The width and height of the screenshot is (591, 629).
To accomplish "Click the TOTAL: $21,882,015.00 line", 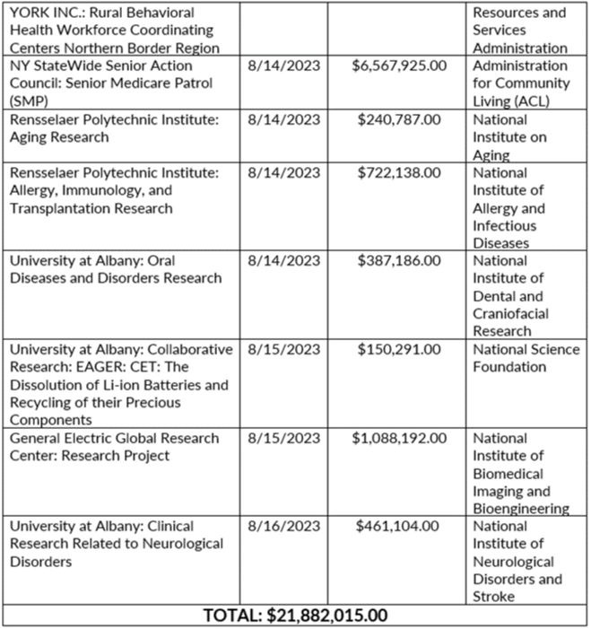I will (296, 616).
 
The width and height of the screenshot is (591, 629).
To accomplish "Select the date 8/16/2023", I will (283, 526).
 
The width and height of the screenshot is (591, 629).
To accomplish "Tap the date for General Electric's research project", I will (283, 438).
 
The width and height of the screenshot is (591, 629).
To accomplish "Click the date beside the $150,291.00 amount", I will (283, 349).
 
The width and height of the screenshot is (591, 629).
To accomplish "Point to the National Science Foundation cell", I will (526, 358).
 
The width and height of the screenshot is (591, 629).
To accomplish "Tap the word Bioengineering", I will (520, 509).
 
